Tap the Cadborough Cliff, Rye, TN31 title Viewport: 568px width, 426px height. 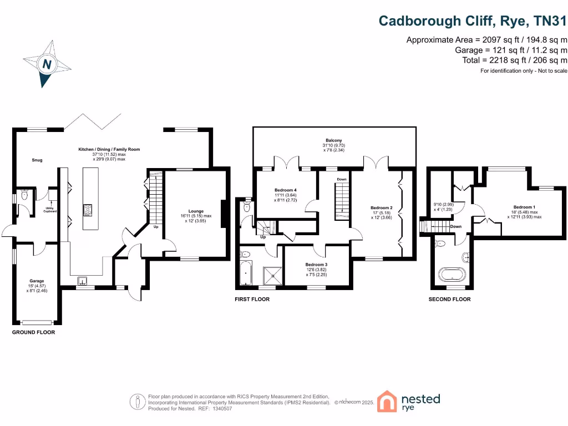click(473, 21)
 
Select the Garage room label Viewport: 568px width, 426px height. click(37, 281)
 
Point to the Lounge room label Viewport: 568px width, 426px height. click(196, 211)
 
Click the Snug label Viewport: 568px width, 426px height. click(37, 160)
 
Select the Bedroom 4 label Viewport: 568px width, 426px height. click(286, 190)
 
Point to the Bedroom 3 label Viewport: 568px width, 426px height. click(316, 265)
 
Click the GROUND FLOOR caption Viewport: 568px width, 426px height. click(34, 332)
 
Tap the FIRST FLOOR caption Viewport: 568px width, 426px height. click(252, 299)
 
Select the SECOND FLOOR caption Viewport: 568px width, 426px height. click(449, 299)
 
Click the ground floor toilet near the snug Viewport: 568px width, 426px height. click(24, 195)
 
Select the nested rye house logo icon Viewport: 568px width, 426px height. click(388, 401)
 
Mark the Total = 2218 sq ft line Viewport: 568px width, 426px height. click(515, 60)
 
